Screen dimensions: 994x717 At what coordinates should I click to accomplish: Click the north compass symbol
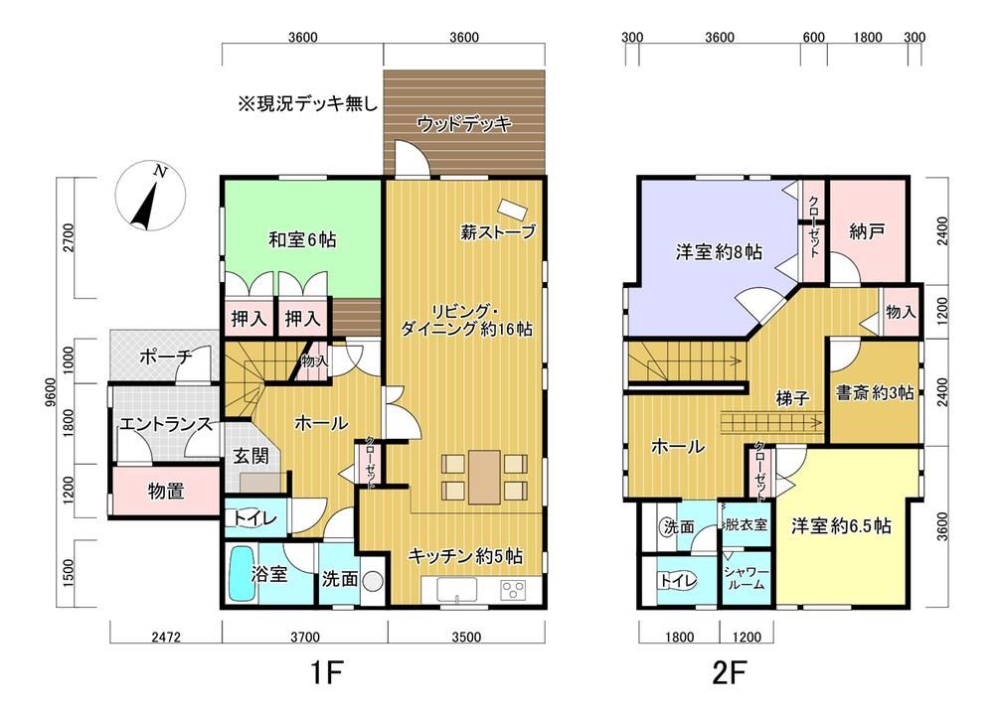(150, 196)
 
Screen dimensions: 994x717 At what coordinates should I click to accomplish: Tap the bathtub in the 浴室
(241, 574)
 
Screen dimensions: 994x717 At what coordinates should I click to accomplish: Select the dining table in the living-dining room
(484, 477)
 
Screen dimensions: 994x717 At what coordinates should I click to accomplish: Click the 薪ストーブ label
(498, 231)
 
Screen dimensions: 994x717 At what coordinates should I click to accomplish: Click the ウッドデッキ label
(464, 124)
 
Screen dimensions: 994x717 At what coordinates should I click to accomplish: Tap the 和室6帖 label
(302, 239)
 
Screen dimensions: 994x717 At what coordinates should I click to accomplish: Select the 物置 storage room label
(165, 491)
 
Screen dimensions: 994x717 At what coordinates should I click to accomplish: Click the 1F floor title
(326, 672)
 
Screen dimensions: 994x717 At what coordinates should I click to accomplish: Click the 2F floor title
(728, 672)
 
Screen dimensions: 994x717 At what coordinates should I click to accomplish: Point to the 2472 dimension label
(165, 637)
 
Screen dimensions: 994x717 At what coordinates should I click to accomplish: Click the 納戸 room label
(867, 231)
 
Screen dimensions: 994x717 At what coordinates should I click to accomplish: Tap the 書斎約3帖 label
(875, 392)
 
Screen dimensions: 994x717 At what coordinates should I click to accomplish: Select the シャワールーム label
(746, 578)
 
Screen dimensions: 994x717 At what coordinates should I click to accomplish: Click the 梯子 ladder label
(793, 398)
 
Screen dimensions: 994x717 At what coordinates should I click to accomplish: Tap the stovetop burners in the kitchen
(514, 590)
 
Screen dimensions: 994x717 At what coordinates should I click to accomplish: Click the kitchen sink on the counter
(456, 590)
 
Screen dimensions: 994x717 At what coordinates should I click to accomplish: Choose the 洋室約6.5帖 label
(841, 525)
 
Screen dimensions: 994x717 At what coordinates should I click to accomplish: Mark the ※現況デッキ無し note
(307, 103)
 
